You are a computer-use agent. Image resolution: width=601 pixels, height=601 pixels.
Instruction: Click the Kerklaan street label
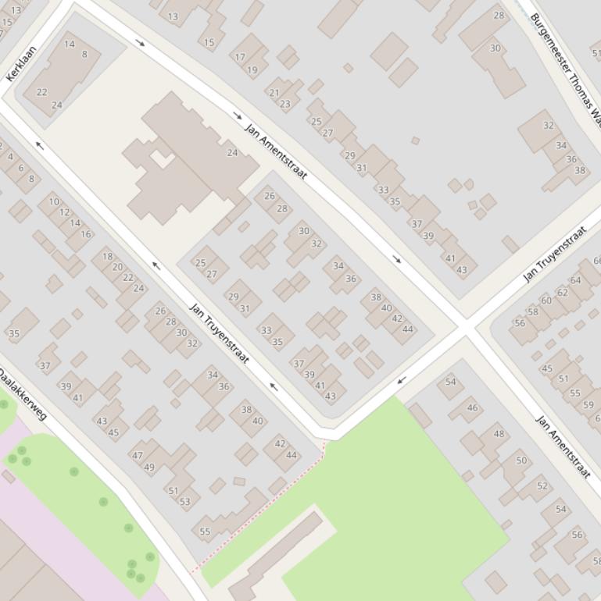[x=21, y=63]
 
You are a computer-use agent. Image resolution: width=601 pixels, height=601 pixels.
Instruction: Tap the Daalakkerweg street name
[x=23, y=395]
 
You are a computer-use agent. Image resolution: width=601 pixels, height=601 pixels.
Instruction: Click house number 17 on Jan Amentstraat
[x=240, y=57]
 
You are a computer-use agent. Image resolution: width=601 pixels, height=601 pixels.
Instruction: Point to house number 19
[x=252, y=70]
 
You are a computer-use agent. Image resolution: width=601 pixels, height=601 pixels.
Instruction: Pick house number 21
[x=274, y=92]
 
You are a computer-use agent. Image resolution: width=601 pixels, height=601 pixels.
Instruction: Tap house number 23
[x=284, y=104]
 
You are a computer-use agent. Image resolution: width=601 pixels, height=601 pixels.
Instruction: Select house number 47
[x=138, y=456]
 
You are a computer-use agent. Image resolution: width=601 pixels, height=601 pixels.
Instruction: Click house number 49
[x=148, y=468]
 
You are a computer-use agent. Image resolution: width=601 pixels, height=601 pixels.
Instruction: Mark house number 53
[x=184, y=502]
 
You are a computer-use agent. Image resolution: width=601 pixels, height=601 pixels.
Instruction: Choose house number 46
[x=472, y=407]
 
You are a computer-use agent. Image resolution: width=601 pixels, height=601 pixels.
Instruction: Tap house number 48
[x=499, y=434]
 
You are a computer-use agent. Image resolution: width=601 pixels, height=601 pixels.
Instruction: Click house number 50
[x=521, y=461]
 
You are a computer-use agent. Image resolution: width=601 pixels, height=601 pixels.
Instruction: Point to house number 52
[x=542, y=486]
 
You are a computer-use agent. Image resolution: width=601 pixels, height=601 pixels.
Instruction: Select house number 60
[x=546, y=300]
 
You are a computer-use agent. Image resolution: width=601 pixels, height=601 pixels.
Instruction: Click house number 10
[x=53, y=201]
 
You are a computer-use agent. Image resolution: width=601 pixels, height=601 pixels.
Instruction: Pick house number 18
[x=107, y=256]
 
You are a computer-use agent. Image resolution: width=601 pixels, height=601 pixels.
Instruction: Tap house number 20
[x=117, y=267]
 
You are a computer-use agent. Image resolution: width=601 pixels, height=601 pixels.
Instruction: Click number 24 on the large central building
[x=232, y=153]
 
